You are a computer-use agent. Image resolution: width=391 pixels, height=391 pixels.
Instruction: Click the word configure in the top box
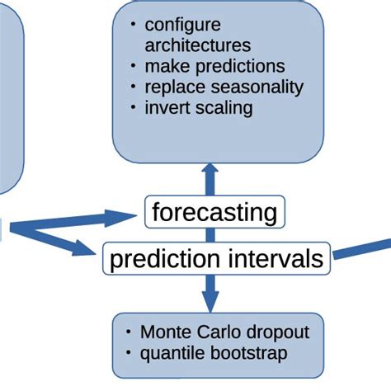point(181,25)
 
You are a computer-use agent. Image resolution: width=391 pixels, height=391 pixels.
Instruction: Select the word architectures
point(198,45)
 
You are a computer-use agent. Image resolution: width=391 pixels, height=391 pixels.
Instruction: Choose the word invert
point(166,107)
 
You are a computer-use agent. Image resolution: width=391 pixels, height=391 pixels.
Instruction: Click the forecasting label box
point(214,212)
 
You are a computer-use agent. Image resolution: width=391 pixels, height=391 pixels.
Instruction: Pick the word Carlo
point(213,332)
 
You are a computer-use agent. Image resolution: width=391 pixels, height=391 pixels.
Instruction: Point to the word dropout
point(276,332)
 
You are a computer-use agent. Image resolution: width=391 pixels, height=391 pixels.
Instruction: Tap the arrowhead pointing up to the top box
point(210,167)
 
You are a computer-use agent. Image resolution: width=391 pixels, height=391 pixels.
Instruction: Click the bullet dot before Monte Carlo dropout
point(129,332)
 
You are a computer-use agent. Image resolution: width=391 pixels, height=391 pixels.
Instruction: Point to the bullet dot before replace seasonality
point(133,86)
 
